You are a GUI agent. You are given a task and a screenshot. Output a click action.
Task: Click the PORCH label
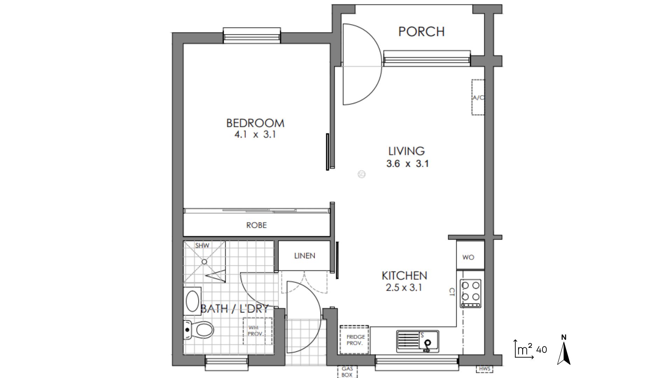pyautogui.click(x=421, y=31)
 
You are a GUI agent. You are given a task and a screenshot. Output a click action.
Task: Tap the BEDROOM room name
pyautogui.click(x=255, y=123)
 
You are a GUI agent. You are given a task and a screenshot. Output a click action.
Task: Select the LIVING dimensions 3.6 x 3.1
pyautogui.click(x=407, y=163)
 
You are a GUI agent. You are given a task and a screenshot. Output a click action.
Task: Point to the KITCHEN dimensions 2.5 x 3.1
pyautogui.click(x=404, y=288)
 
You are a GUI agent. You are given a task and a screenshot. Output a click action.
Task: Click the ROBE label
pyautogui.click(x=257, y=225)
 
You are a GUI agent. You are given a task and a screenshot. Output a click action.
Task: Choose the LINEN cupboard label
pyautogui.click(x=304, y=256)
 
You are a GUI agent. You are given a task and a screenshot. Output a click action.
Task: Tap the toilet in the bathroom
pyautogui.click(x=199, y=329)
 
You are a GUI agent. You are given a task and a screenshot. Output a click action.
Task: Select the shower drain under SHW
pyautogui.click(x=204, y=261)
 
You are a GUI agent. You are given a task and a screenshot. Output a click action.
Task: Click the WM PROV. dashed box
pyautogui.click(x=258, y=331)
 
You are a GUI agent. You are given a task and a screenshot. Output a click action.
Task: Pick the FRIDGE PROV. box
pyautogui.click(x=354, y=339)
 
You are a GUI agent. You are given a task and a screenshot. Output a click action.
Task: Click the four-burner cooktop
pyautogui.click(x=470, y=293)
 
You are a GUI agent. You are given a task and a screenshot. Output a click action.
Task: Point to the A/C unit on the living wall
pyautogui.click(x=478, y=97)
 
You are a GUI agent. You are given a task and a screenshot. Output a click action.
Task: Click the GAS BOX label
pyautogui.click(x=347, y=372)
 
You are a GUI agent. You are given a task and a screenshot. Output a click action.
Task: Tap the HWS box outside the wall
pyautogui.click(x=484, y=369)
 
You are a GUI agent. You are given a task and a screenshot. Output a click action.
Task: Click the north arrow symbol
pyautogui.click(x=563, y=350)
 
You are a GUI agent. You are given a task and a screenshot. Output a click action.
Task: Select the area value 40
pyautogui.click(x=541, y=350)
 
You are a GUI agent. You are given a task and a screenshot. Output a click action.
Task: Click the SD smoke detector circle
pyautogui.click(x=362, y=174)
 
